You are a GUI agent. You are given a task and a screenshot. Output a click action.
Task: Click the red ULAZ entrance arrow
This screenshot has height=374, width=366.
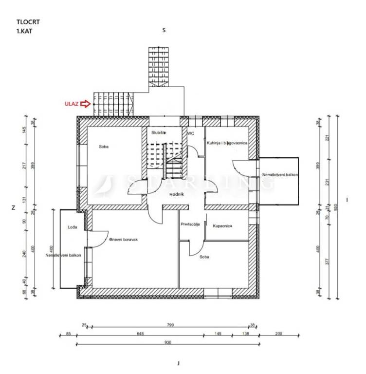(x=86, y=103)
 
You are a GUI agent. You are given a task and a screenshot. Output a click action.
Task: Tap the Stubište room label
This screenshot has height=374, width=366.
(x=159, y=132)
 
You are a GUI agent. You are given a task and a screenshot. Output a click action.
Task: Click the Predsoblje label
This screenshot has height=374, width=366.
(x=190, y=224)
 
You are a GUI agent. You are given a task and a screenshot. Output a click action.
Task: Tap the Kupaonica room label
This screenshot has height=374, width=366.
(x=222, y=225)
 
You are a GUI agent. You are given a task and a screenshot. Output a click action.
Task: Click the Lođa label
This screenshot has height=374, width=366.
(x=72, y=227)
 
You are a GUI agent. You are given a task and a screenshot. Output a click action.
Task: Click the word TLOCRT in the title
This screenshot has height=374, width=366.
(x=26, y=21)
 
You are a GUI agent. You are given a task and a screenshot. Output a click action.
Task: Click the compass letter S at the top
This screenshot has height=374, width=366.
(x=164, y=30)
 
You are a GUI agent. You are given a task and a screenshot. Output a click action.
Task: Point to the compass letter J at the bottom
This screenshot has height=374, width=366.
(x=179, y=363)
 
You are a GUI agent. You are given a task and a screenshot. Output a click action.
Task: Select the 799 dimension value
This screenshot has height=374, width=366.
(x=170, y=325)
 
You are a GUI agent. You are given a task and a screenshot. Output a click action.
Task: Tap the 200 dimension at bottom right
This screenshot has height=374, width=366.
(x=278, y=334)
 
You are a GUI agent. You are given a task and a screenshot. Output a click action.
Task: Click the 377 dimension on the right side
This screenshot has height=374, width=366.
(x=327, y=261)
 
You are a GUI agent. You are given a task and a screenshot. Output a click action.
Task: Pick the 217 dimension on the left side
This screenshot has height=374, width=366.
(x=23, y=166)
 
